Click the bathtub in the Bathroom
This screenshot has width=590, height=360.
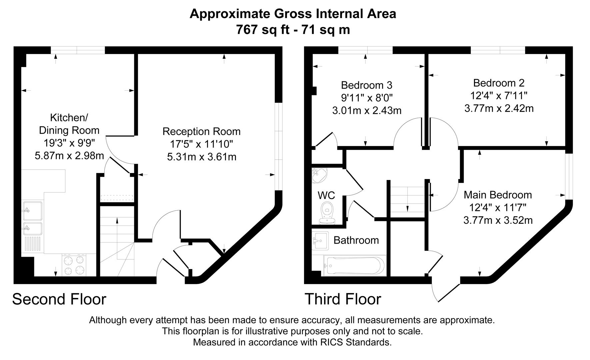tap(355, 266)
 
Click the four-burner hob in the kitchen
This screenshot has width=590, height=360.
tap(74, 265)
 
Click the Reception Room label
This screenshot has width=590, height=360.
tap(201, 131)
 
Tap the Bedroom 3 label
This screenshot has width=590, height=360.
tap(366, 85)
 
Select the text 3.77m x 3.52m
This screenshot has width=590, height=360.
tap(498, 220)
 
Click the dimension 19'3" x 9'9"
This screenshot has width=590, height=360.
tap(69, 143)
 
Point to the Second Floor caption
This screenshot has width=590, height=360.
tap(59, 299)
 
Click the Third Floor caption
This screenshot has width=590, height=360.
tap(343, 299)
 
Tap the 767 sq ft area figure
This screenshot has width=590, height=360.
tap(263, 30)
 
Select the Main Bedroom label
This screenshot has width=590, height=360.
tap(498, 195)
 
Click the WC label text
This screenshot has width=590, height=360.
tap(326, 195)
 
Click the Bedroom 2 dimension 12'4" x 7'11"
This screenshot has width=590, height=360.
tap(499, 96)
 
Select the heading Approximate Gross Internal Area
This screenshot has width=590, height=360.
tap(293, 14)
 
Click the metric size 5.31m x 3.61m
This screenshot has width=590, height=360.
tap(201, 157)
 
